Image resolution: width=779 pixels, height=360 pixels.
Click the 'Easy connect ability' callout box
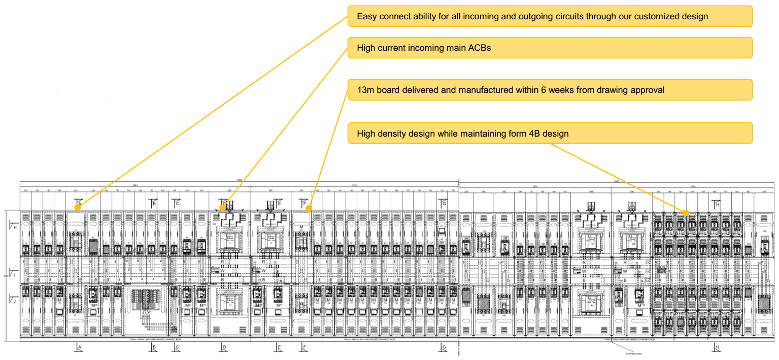click(550, 16)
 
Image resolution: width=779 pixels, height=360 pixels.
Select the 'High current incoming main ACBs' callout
click(550, 48)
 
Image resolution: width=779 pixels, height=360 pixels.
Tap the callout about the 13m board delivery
click(550, 90)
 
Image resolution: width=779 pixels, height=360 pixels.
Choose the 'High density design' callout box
click(550, 134)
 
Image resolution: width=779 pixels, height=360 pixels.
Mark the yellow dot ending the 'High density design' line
click(686, 213)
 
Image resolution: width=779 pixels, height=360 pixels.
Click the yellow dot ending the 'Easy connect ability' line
click(78, 207)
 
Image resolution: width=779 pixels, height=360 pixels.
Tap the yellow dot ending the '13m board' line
click(309, 208)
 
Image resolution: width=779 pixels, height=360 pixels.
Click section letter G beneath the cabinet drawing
click(444, 348)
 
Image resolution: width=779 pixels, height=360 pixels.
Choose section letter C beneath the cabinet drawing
click(177, 348)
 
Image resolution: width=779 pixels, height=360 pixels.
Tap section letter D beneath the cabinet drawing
click(224, 348)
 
